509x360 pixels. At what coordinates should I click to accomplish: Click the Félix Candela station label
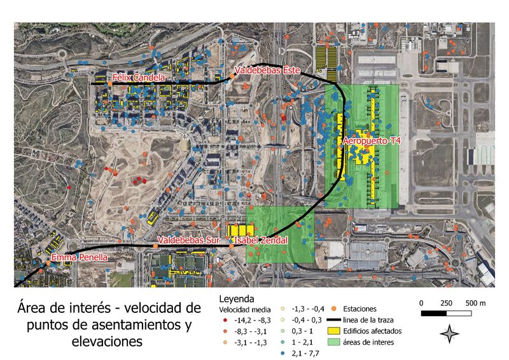[x=138, y=78]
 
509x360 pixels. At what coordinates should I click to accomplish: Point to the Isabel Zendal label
[x=261, y=240]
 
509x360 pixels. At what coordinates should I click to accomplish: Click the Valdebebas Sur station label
[x=184, y=240]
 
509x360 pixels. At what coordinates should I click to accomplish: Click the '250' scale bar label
[x=445, y=302]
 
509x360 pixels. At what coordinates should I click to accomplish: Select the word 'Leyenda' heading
[x=237, y=298]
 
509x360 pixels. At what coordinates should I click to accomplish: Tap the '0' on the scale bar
[x=422, y=302]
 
